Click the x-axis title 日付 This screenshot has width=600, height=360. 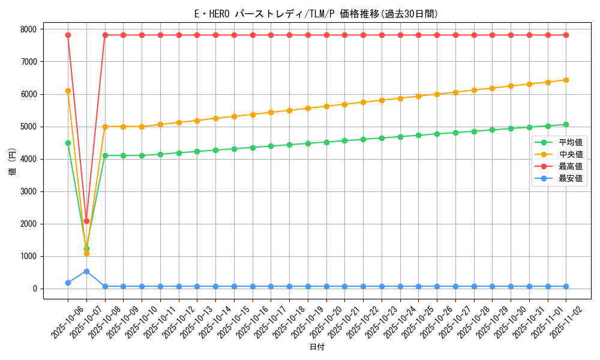(x=317, y=347)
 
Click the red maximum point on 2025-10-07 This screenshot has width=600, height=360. (x=86, y=221)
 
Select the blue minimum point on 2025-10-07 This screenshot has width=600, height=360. (x=86, y=271)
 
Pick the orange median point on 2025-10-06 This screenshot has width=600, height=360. (x=68, y=91)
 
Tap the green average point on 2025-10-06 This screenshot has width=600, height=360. (x=68, y=143)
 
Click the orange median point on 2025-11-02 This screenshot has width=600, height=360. (x=566, y=80)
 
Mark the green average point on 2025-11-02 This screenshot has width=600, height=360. (x=566, y=124)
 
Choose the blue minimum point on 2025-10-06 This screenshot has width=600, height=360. (x=68, y=283)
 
